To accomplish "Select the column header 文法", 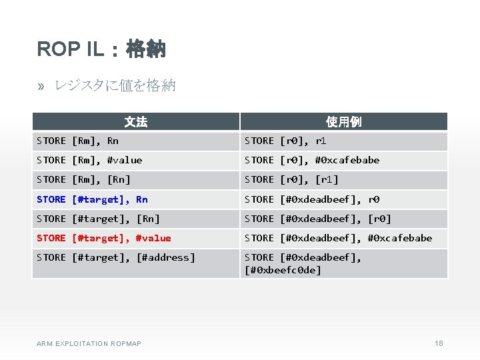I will pyautogui.click(x=136, y=121).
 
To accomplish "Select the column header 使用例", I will pyautogui.click(x=343, y=121).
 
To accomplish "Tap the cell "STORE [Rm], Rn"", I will pyautogui.click(x=77, y=141).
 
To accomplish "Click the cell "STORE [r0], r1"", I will pyautogui.click(x=285, y=141).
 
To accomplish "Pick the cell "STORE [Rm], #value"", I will pyautogui.click(x=89, y=160).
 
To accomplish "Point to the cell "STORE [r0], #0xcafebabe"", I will pyautogui.click(x=312, y=160).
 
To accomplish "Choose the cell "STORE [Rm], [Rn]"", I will pyautogui.click(x=83, y=179).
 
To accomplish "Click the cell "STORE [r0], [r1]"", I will pyautogui.click(x=291, y=179).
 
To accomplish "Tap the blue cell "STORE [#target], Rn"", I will pyautogui.click(x=92, y=199).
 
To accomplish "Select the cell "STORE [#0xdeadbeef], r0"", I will pyautogui.click(x=312, y=199).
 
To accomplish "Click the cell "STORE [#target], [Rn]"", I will pyautogui.click(x=98, y=219).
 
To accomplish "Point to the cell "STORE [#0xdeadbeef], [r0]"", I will pyautogui.click(x=318, y=219).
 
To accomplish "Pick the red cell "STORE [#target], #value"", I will pyautogui.click(x=104, y=238).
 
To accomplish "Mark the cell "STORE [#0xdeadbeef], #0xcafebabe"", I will pyautogui.click(x=338, y=238).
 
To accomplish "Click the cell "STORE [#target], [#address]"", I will pyautogui.click(x=116, y=257).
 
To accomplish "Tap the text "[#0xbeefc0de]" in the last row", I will pyautogui.click(x=283, y=270).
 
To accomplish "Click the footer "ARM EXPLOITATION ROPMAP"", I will pyautogui.click(x=89, y=343).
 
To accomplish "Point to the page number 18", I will pyautogui.click(x=439, y=343).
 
